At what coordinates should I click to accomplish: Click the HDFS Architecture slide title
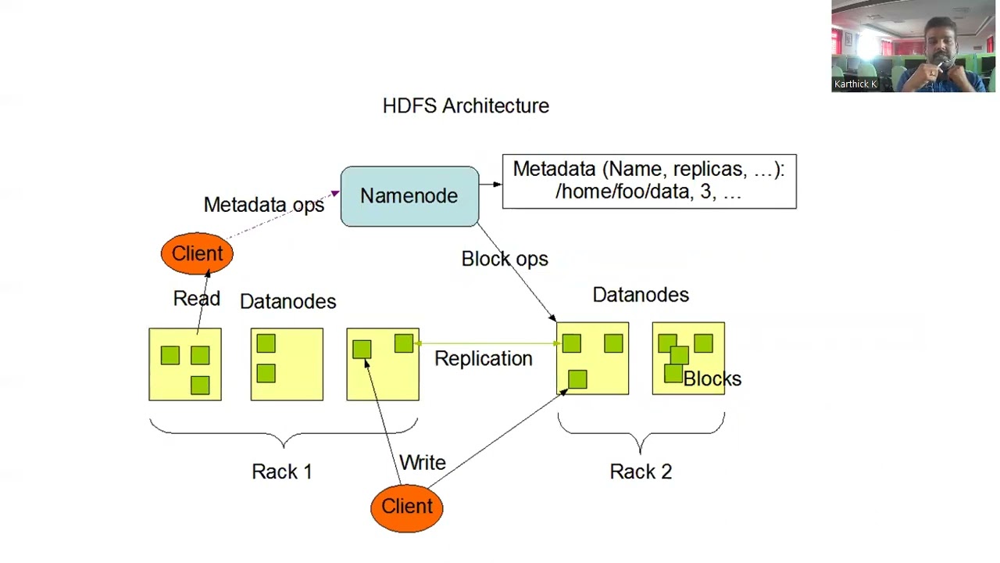coord(466,106)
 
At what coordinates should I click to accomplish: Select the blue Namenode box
coord(409,196)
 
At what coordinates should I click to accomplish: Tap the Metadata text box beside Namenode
coord(648,181)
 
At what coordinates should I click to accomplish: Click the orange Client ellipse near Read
coord(197,254)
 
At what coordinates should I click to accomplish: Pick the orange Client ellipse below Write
coord(406,507)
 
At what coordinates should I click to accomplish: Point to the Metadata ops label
coord(263,205)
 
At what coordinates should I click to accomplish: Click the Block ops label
coord(505,259)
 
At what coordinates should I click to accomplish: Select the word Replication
coord(483,359)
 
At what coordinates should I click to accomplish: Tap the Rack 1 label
coord(281,472)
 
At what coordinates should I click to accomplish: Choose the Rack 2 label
coord(641,472)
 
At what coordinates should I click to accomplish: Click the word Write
coord(423,463)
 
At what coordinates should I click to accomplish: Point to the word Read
coord(196,299)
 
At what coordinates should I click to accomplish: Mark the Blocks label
coord(712,379)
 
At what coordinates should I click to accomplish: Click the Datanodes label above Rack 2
coord(641,295)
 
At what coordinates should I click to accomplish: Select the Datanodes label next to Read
coord(287,302)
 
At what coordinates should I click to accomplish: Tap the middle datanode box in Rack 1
coord(287,364)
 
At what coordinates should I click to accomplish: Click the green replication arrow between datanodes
coord(487,343)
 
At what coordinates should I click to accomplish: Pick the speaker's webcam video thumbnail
coord(913,46)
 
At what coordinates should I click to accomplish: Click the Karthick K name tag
coord(855,84)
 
